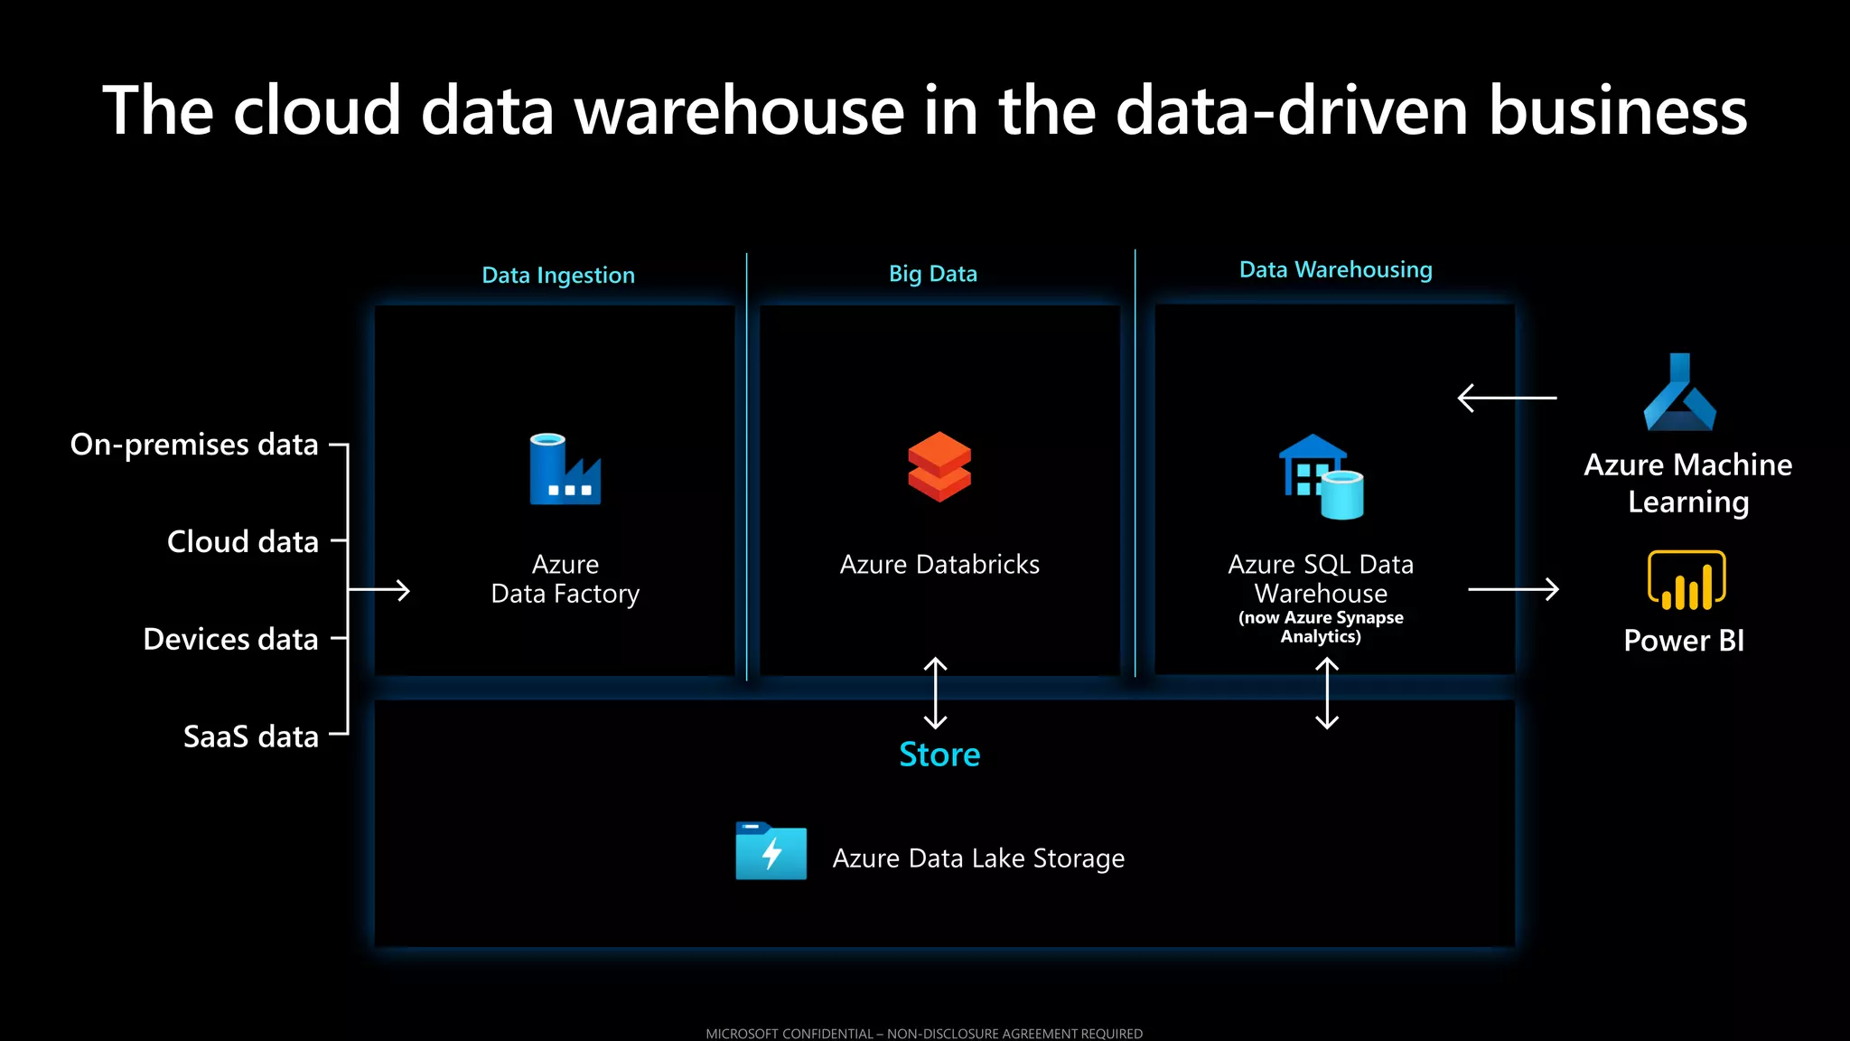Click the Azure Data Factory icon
coord(565,469)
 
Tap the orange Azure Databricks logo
coord(939,466)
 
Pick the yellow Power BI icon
coord(1686,580)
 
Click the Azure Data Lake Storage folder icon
coord(771,850)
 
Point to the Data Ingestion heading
coord(558,275)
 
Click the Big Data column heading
coord(932,274)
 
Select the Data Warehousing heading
coord(1335,269)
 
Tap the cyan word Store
coord(939,755)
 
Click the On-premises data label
coord(194,445)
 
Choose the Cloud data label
coord(243,541)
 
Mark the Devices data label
coord(230,639)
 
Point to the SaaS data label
coord(251,736)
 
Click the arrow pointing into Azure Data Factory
coord(379,590)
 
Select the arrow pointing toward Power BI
coord(1513,589)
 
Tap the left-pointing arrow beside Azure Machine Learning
coord(1507,398)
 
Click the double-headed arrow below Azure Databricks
coord(936,693)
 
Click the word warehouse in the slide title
coord(740,111)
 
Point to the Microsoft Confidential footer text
coord(924,1033)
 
